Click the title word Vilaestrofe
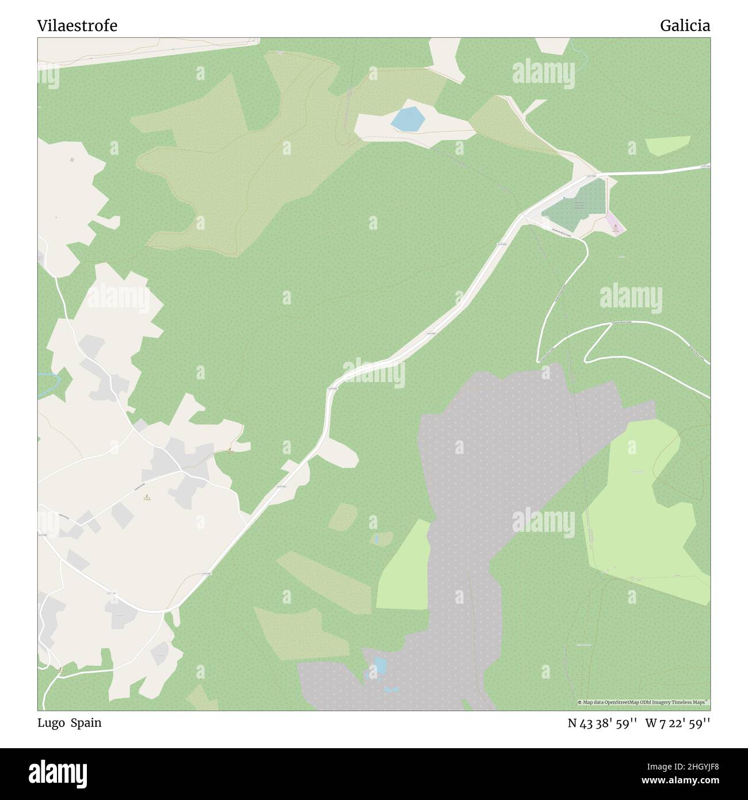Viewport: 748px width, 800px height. (x=78, y=26)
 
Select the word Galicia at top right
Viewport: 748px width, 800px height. (x=685, y=26)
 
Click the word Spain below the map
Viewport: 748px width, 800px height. (x=86, y=723)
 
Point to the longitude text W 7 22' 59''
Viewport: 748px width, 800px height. (x=678, y=723)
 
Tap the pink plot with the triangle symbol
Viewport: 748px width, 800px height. (x=616, y=225)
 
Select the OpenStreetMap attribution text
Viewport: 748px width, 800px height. (x=643, y=702)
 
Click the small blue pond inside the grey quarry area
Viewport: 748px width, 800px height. (x=380, y=666)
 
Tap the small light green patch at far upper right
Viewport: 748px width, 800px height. (x=667, y=146)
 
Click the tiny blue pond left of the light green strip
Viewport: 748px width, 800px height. (x=375, y=539)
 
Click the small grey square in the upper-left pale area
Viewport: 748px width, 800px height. (x=72, y=159)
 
